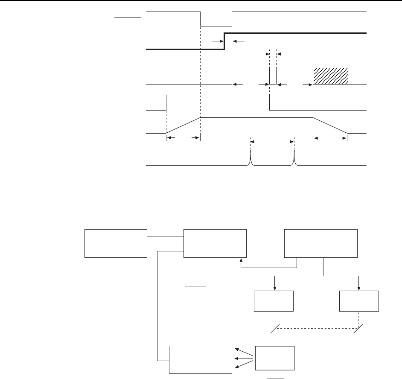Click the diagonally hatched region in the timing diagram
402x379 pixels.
(331, 76)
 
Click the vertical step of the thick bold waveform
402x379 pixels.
(224, 41)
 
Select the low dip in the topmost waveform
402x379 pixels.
(216, 26)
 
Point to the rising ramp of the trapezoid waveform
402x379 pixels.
(183, 125)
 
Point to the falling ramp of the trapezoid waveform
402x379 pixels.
(330, 125)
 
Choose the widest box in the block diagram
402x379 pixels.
(320, 243)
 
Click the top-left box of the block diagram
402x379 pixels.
(116, 243)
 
